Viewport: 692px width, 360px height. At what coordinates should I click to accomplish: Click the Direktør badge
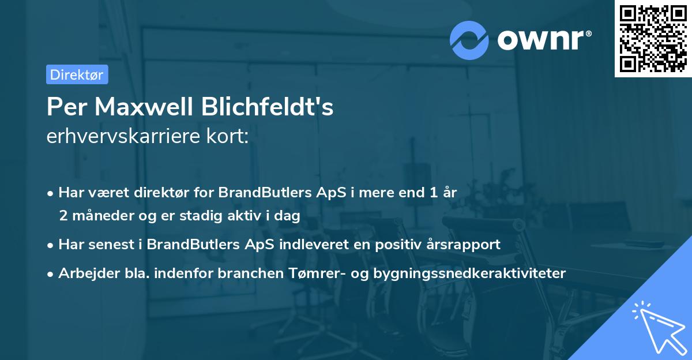click(x=77, y=74)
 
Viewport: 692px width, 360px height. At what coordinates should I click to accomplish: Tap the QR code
click(x=652, y=39)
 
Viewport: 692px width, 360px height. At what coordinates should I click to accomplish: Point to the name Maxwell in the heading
click(x=149, y=107)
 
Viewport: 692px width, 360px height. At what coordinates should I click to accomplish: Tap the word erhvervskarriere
click(x=128, y=137)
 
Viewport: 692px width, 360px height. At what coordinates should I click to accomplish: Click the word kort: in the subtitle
click(x=230, y=137)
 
